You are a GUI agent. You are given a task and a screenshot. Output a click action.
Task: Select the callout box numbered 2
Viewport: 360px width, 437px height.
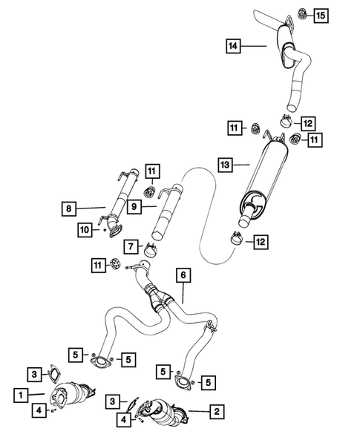[x=216, y=410]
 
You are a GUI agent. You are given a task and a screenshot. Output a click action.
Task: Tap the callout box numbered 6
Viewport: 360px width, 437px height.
[x=183, y=275]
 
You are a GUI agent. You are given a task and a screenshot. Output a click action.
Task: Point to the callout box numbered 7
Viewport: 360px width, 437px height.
[x=130, y=246]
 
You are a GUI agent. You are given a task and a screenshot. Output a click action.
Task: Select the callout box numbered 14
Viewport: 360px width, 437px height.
[x=234, y=47]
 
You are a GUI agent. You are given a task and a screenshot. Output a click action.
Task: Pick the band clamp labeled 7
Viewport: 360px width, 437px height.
[x=152, y=251]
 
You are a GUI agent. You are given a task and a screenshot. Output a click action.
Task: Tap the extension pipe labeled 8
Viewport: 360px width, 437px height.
[x=117, y=204]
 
